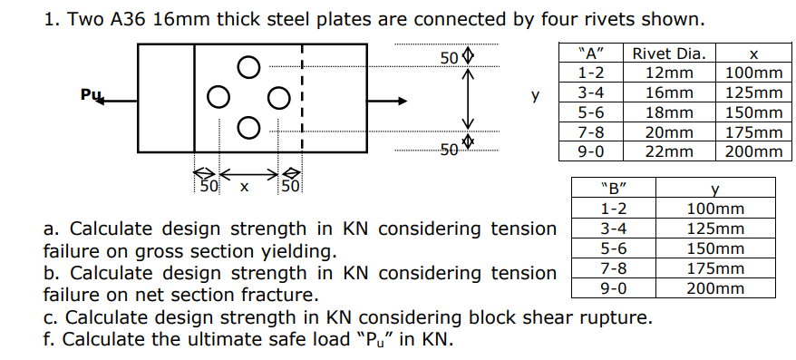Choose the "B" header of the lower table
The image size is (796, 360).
(614, 190)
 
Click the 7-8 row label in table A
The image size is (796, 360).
(591, 132)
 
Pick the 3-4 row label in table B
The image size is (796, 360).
(614, 229)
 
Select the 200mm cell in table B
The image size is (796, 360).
(716, 288)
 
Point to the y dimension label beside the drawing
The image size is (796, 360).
(535, 94)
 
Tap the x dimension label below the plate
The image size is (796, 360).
(242, 188)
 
